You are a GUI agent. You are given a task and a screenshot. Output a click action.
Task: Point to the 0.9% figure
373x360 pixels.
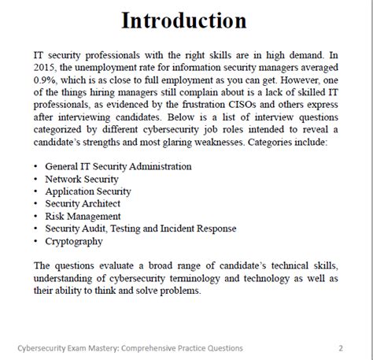[x=48, y=81]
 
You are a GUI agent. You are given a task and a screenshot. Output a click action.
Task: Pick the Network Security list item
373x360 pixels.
[x=82, y=179]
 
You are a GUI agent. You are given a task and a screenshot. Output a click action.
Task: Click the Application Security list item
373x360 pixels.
[x=88, y=191]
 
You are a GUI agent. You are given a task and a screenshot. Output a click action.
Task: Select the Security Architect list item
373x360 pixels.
[x=83, y=204]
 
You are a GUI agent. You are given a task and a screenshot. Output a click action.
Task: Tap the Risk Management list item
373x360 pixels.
[x=83, y=216]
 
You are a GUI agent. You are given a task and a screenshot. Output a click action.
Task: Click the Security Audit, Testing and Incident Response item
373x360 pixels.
[x=140, y=228]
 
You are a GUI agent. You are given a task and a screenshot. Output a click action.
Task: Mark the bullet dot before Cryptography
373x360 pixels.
[x=36, y=241]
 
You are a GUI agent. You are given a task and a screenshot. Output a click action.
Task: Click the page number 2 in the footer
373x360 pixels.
[x=340, y=347]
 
